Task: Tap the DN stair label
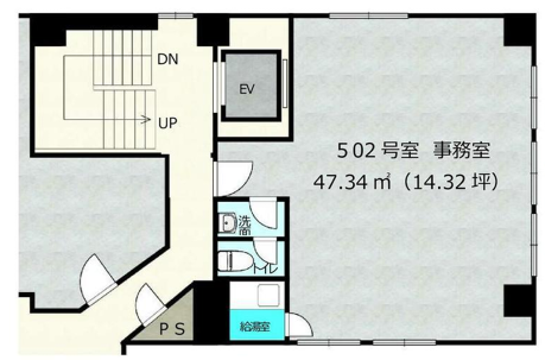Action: [168, 60]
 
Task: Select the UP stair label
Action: [168, 124]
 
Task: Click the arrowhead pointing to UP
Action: [148, 120]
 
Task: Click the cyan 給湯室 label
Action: [257, 328]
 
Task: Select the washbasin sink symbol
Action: [228, 223]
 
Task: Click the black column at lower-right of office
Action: [516, 300]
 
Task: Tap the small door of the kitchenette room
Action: [298, 325]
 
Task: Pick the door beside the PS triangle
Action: [149, 305]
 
